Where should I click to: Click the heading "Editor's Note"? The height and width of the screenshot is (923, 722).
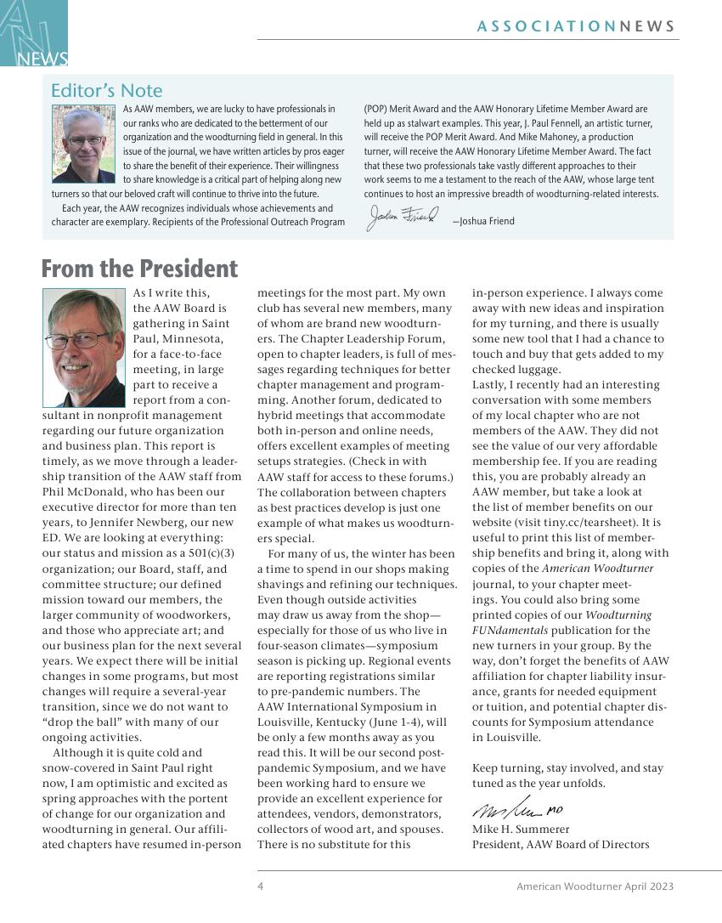pyautogui.click(x=106, y=90)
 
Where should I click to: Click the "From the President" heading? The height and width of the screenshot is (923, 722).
pyautogui.click(x=139, y=269)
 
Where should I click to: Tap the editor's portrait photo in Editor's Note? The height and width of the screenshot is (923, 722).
pyautogui.click(x=83, y=144)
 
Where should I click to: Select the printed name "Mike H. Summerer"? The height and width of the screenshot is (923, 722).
pyautogui.click(x=521, y=829)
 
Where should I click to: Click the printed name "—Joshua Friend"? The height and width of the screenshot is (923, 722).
pyautogui.click(x=483, y=221)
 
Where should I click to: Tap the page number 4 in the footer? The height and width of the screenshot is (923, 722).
pyautogui.click(x=261, y=886)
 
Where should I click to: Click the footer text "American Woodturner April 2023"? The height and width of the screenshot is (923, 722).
pyautogui.click(x=595, y=886)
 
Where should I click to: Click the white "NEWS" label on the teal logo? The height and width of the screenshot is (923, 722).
pyautogui.click(x=42, y=59)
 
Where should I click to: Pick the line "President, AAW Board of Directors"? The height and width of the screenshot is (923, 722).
pyautogui.click(x=561, y=844)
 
